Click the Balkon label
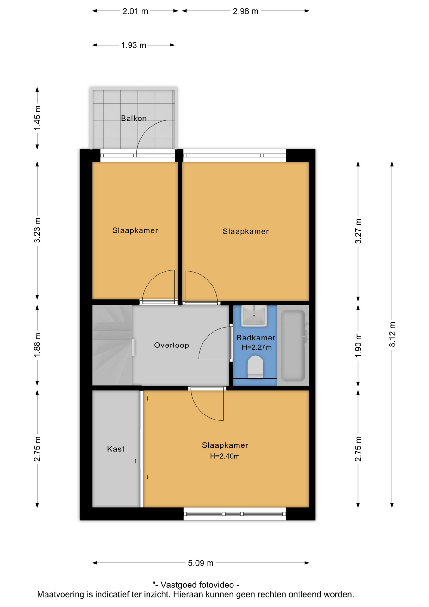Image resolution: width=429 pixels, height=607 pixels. coord(134,118)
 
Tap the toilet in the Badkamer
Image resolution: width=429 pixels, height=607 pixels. coord(255,367)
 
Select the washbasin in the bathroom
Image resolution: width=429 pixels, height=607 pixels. coord(254,316)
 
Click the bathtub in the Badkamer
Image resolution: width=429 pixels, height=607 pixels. coord(293,346)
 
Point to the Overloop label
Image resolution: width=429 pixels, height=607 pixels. coord(172,345)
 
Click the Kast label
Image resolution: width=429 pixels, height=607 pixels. coord(116,449)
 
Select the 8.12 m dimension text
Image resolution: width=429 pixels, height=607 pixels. coord(392,334)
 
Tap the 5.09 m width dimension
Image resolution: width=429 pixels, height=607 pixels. coord(201,563)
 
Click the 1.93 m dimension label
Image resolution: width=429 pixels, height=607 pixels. coord(134,45)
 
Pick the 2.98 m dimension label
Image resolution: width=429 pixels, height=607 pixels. coord(245,11)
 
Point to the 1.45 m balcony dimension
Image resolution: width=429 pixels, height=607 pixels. coord(37,118)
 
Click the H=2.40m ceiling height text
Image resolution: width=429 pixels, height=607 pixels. coord(225,456)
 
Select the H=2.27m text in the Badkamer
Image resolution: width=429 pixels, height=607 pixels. coord(257,347)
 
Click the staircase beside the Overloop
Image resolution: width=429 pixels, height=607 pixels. coord(112,345)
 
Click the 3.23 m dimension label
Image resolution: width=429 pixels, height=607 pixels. coord(37,230)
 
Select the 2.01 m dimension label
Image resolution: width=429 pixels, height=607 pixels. coord(135,11)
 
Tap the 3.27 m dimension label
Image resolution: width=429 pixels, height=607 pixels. coord(358,231)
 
